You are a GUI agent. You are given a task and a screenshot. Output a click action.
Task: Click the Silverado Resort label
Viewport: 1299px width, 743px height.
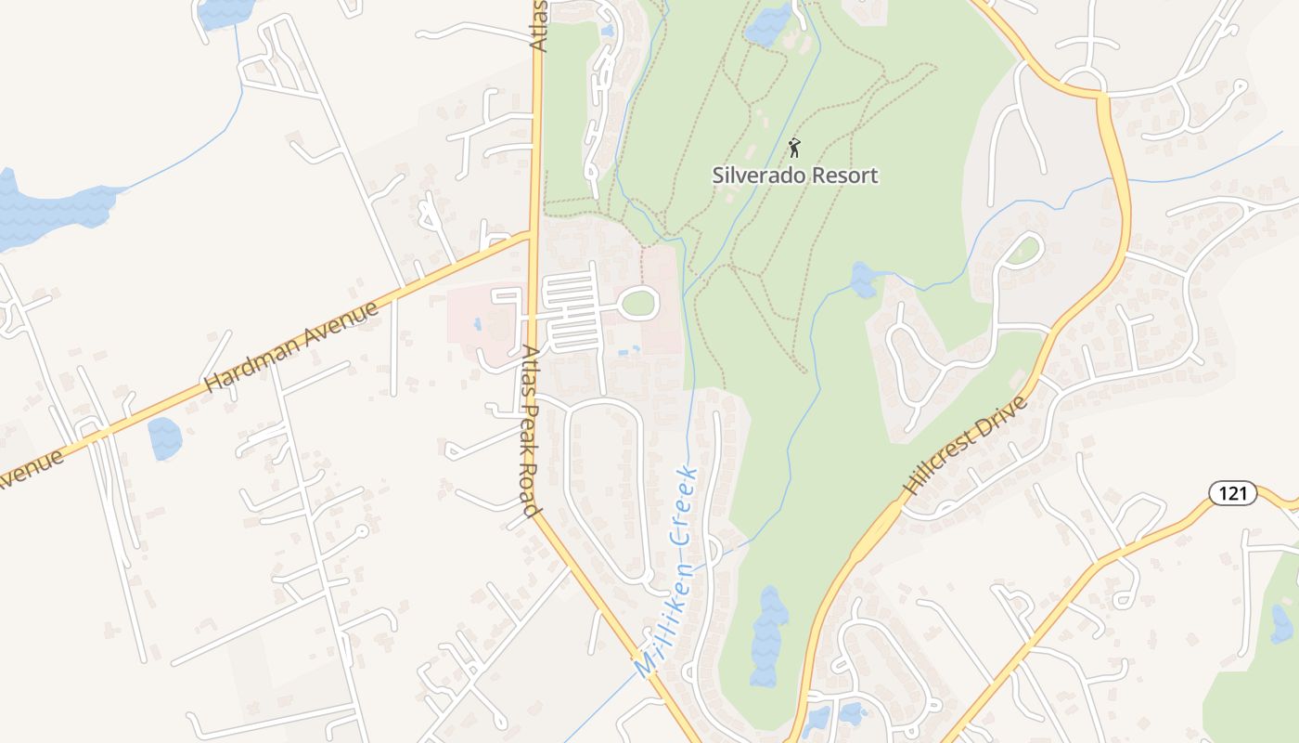pyautogui.click(x=795, y=175)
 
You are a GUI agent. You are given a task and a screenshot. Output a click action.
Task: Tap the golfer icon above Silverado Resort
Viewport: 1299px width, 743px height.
pyautogui.click(x=794, y=147)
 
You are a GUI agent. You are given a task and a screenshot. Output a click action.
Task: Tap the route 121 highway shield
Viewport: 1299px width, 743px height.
pyautogui.click(x=1232, y=493)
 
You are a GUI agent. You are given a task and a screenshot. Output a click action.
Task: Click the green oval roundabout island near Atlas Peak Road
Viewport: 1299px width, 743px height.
pyautogui.click(x=638, y=302)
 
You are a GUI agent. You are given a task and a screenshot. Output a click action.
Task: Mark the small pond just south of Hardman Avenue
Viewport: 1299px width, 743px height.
pyautogui.click(x=165, y=438)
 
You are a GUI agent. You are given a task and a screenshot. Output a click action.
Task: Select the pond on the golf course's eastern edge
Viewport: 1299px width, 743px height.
pyautogui.click(x=863, y=280)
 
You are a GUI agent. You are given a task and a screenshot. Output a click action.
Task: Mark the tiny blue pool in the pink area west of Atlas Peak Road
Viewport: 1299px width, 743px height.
pyautogui.click(x=477, y=325)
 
